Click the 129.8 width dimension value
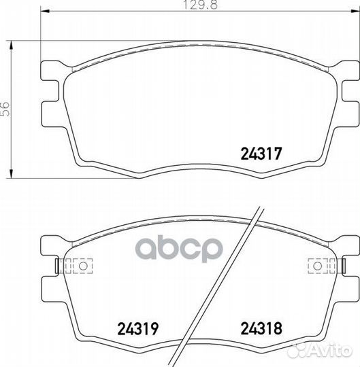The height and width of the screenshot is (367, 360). (200, 5)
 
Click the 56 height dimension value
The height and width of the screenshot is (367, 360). (5, 109)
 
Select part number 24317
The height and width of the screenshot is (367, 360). (261, 154)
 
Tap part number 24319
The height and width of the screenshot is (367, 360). (138, 328)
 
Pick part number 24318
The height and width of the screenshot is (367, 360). (261, 328)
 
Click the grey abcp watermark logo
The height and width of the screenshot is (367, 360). (179, 249)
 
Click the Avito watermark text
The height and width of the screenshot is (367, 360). (331, 350)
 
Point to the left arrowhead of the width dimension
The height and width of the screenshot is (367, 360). (45, 11)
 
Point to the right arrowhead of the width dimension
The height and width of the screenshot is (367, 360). (355, 11)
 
